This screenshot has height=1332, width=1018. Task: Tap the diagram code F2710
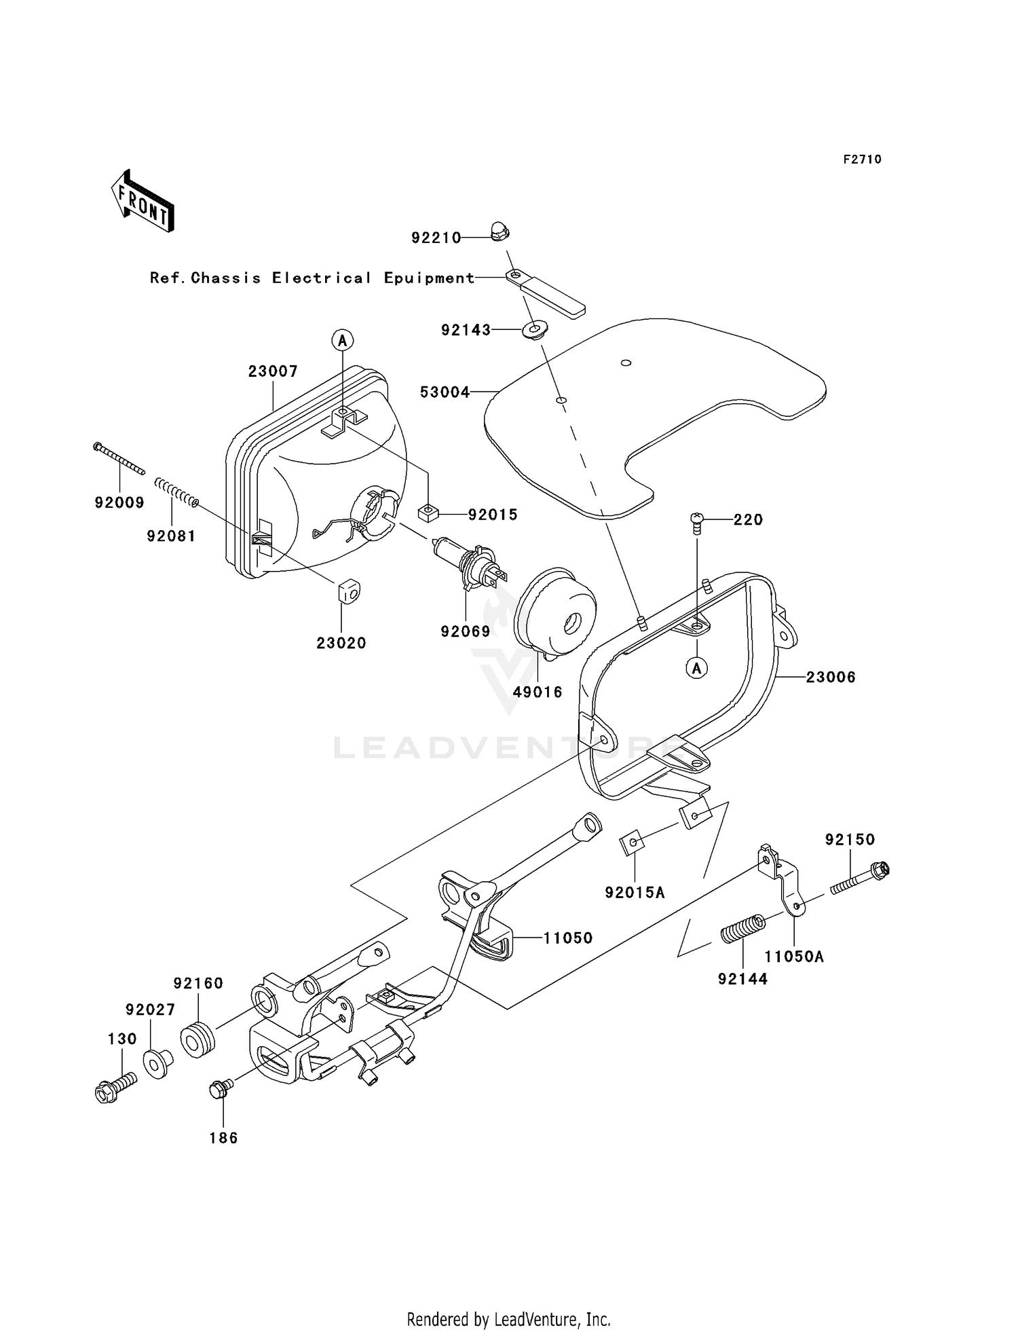[x=862, y=160]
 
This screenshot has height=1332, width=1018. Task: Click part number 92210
[x=436, y=238]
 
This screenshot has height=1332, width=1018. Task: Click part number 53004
[x=445, y=392]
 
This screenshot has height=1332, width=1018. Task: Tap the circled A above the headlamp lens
[x=343, y=339]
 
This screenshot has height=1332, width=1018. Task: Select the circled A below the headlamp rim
[x=696, y=669]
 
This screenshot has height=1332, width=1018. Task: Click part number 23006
[x=831, y=677]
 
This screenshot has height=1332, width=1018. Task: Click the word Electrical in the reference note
[x=322, y=278]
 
